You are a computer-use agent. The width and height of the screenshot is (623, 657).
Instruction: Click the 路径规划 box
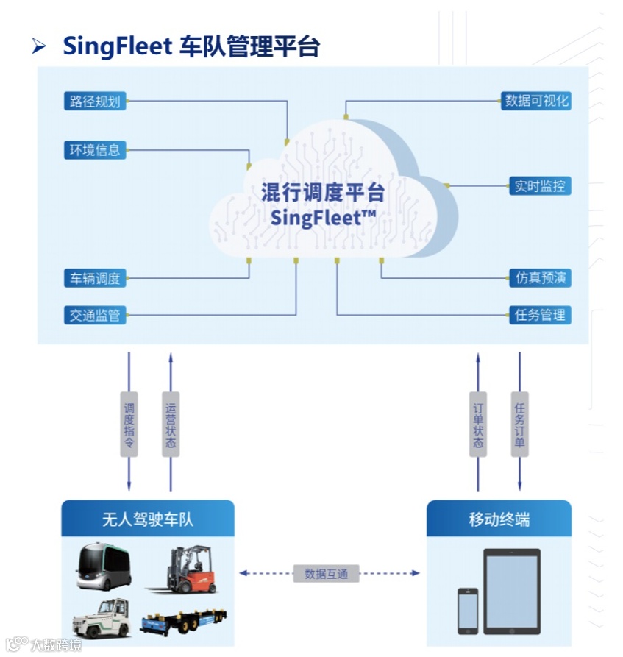pyautogui.click(x=95, y=102)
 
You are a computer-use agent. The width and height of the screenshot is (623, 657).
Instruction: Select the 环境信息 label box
pyautogui.click(x=95, y=151)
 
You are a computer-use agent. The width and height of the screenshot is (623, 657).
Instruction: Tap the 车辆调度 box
pyautogui.click(x=95, y=278)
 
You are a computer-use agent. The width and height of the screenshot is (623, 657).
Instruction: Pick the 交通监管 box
pyautogui.click(x=95, y=316)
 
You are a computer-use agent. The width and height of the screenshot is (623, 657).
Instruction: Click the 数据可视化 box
pyautogui.click(x=537, y=101)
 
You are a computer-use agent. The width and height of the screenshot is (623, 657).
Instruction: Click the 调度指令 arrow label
pyautogui.click(x=129, y=425)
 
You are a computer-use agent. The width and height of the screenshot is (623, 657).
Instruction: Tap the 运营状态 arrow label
pyautogui.click(x=171, y=425)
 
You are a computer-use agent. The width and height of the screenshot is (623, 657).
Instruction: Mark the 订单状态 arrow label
pyautogui.click(x=478, y=425)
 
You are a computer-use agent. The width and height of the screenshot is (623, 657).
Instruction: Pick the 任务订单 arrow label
pyautogui.click(x=519, y=425)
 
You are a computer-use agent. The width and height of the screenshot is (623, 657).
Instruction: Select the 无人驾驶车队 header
pyautogui.click(x=147, y=519)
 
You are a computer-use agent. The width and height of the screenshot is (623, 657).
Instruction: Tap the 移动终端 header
pyautogui.click(x=499, y=519)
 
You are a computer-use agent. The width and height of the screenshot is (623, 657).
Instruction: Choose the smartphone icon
pyautogui.click(x=468, y=610)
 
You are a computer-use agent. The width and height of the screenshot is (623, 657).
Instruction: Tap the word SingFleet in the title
pyautogui.click(x=117, y=46)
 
